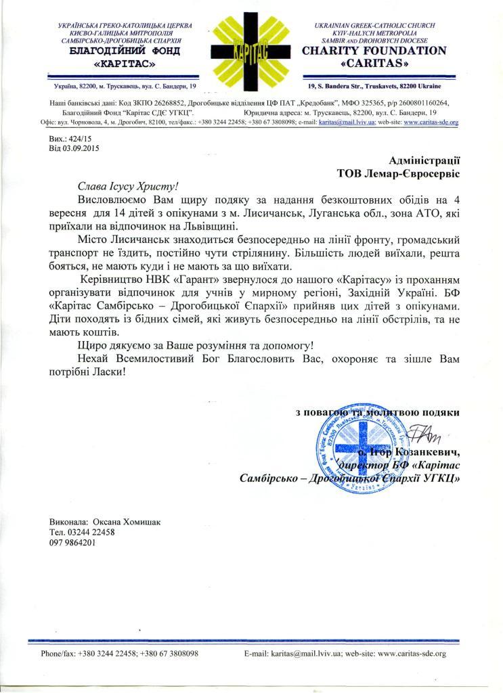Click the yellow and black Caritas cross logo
click(252, 49)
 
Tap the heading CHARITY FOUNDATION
click(374, 51)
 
